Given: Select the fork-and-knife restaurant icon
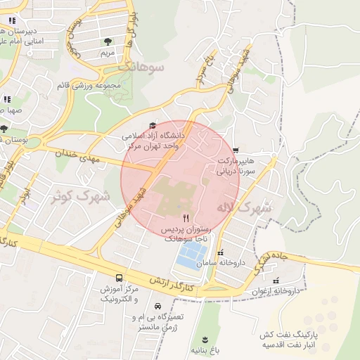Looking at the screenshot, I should pyautogui.click(x=186, y=218).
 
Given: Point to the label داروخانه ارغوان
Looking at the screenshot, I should pyautogui.click(x=276, y=290).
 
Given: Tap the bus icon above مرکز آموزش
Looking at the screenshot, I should pyautogui.click(x=118, y=278).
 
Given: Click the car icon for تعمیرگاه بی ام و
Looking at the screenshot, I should pyautogui.click(x=157, y=306).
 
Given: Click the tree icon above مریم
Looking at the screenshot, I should pyautogui.click(x=107, y=42).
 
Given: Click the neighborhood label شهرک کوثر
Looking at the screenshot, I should pyautogui.click(x=82, y=195).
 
